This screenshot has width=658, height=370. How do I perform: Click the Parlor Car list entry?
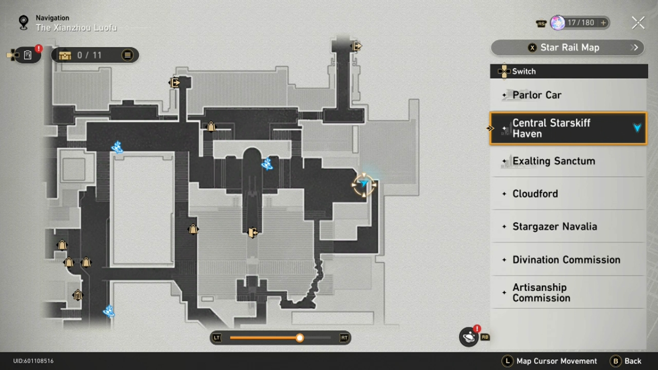pos(569,95)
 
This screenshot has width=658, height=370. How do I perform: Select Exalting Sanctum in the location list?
pos(569,161)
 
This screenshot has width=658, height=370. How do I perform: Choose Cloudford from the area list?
pos(569,193)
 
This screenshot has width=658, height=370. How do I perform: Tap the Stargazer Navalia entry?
pos(569,226)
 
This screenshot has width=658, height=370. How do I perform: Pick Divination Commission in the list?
pos(569,260)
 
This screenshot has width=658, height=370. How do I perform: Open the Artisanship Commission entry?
pos(569,293)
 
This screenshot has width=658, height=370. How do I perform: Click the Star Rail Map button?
pos(568,48)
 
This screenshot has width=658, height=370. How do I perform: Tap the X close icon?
pos(638,23)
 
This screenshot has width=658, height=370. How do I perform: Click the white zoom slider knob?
pos(299,338)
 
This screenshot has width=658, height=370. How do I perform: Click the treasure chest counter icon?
pos(65,55)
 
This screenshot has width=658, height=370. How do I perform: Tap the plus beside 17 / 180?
pos(603,23)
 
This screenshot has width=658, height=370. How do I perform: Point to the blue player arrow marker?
pos(364,184)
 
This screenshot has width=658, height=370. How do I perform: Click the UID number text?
pos(33,361)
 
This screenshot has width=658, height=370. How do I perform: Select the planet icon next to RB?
pos(468,337)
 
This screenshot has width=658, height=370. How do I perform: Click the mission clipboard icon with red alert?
pos(28,55)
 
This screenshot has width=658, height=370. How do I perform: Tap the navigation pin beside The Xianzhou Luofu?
pos(24,22)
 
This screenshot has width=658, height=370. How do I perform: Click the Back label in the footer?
pos(633,361)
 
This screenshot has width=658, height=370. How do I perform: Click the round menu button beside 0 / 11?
pos(127,55)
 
